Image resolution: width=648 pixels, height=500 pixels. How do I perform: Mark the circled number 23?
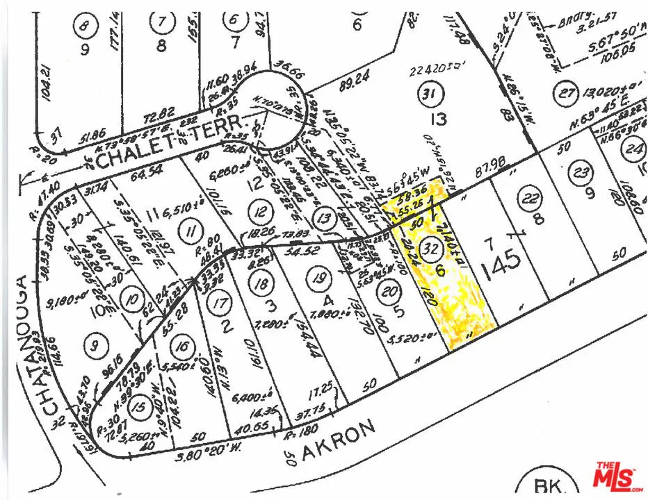pyautogui.click(x=581, y=172)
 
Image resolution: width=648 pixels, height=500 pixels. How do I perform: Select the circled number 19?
pyautogui.click(x=318, y=279)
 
